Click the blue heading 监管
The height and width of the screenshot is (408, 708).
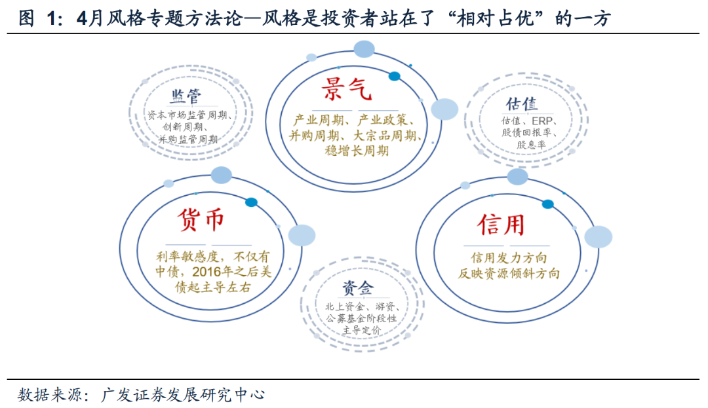tap(186, 97)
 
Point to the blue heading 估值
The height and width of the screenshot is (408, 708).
tap(521, 104)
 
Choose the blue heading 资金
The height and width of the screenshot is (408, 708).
tap(357, 288)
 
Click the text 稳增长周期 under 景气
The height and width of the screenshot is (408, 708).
tap(357, 151)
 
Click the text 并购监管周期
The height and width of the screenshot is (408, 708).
tap(187, 139)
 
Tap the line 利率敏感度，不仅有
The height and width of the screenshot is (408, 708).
tap(212, 255)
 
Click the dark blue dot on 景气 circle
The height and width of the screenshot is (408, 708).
tap(394, 76)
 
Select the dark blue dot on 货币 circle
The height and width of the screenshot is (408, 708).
tap(251, 202)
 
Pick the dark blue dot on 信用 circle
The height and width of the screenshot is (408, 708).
tap(548, 204)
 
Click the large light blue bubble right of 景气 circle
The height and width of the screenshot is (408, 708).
tap(444, 109)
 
